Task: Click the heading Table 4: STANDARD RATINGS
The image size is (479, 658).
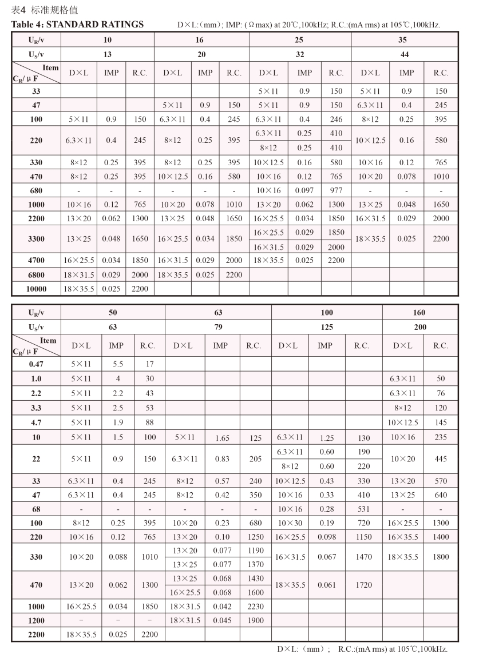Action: [x=78, y=25]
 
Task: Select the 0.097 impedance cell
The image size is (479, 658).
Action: [x=304, y=190]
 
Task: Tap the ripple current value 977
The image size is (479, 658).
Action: [x=336, y=190]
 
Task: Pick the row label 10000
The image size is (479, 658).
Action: [x=37, y=289]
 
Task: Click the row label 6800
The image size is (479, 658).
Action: [x=37, y=274]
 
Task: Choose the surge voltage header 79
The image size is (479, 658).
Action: [x=218, y=327]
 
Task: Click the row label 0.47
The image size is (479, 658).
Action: [x=36, y=364]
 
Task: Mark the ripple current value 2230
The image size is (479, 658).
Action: [x=255, y=607]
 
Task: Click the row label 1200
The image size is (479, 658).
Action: [x=36, y=620]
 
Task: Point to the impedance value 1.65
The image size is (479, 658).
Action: [x=220, y=438]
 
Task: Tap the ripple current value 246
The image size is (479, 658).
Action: [x=336, y=119]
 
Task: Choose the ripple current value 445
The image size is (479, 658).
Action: [x=441, y=459]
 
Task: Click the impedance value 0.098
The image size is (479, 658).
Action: [x=324, y=537]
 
